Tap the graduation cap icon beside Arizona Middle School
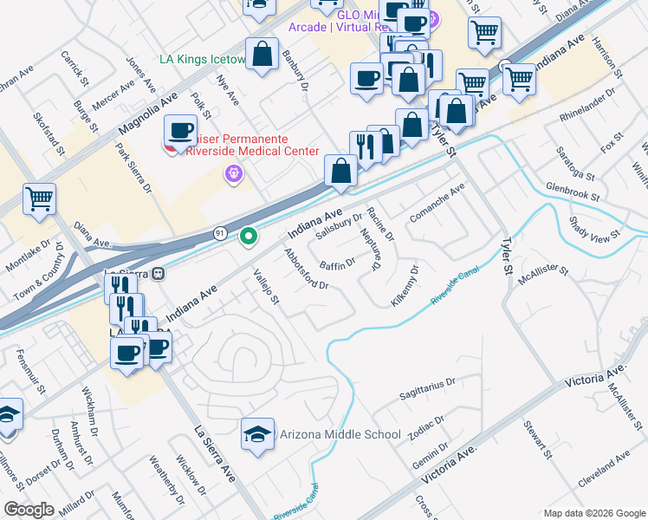[257, 435]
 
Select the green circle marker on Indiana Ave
[249, 236]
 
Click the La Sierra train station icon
[158, 274]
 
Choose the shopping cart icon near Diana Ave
[40, 200]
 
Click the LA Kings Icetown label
[203, 61]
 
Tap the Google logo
[29, 510]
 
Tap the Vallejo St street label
[264, 289]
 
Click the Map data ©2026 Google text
[593, 512]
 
